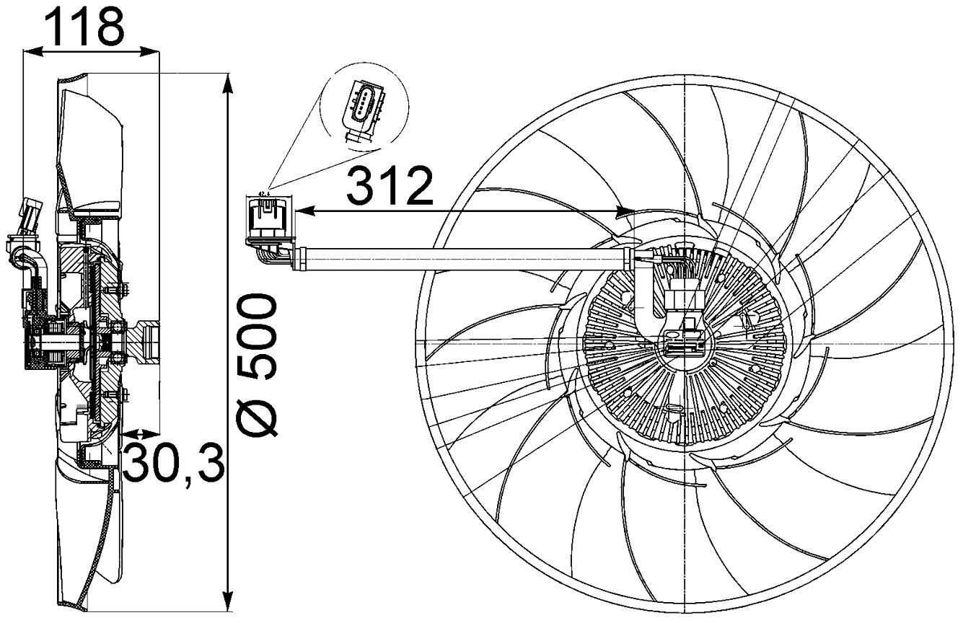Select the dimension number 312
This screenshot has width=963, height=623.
pos(390,187)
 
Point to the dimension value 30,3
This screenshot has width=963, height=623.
pos(173,463)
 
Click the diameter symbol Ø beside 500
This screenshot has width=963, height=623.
pos(258,416)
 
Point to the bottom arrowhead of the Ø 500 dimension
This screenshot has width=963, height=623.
pos(228,601)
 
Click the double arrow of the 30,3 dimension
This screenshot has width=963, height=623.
pos(140,434)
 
